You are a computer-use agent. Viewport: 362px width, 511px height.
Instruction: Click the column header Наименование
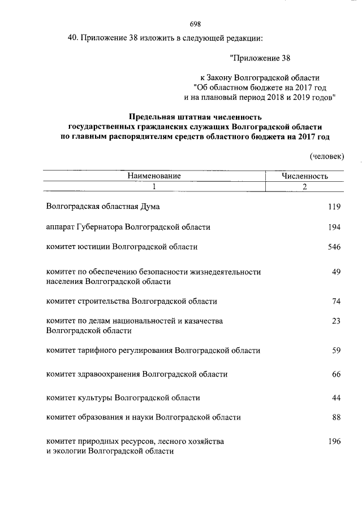[154, 176]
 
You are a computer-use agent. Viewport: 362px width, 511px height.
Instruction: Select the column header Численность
[305, 176]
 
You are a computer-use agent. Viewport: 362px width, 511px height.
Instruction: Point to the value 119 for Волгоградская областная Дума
[334, 207]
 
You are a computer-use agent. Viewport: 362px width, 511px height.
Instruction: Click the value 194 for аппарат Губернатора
[334, 227]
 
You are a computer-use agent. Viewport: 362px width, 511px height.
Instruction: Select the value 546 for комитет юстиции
[334, 247]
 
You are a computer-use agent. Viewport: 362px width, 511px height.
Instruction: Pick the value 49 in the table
[336, 272]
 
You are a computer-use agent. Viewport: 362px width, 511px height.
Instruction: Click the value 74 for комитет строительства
[336, 302]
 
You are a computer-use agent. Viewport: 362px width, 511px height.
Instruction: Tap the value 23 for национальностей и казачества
[336, 321]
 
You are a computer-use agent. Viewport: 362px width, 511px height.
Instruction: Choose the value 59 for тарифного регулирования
[336, 351]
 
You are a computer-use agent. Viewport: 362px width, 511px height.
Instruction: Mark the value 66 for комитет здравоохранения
[336, 374]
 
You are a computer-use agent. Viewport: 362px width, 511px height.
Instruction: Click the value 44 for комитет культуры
[336, 398]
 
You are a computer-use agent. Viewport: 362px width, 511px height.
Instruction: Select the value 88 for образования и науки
[336, 418]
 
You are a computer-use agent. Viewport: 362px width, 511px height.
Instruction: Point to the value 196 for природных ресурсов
[334, 442]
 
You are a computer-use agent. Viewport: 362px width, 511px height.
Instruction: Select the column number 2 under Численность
[305, 188]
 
